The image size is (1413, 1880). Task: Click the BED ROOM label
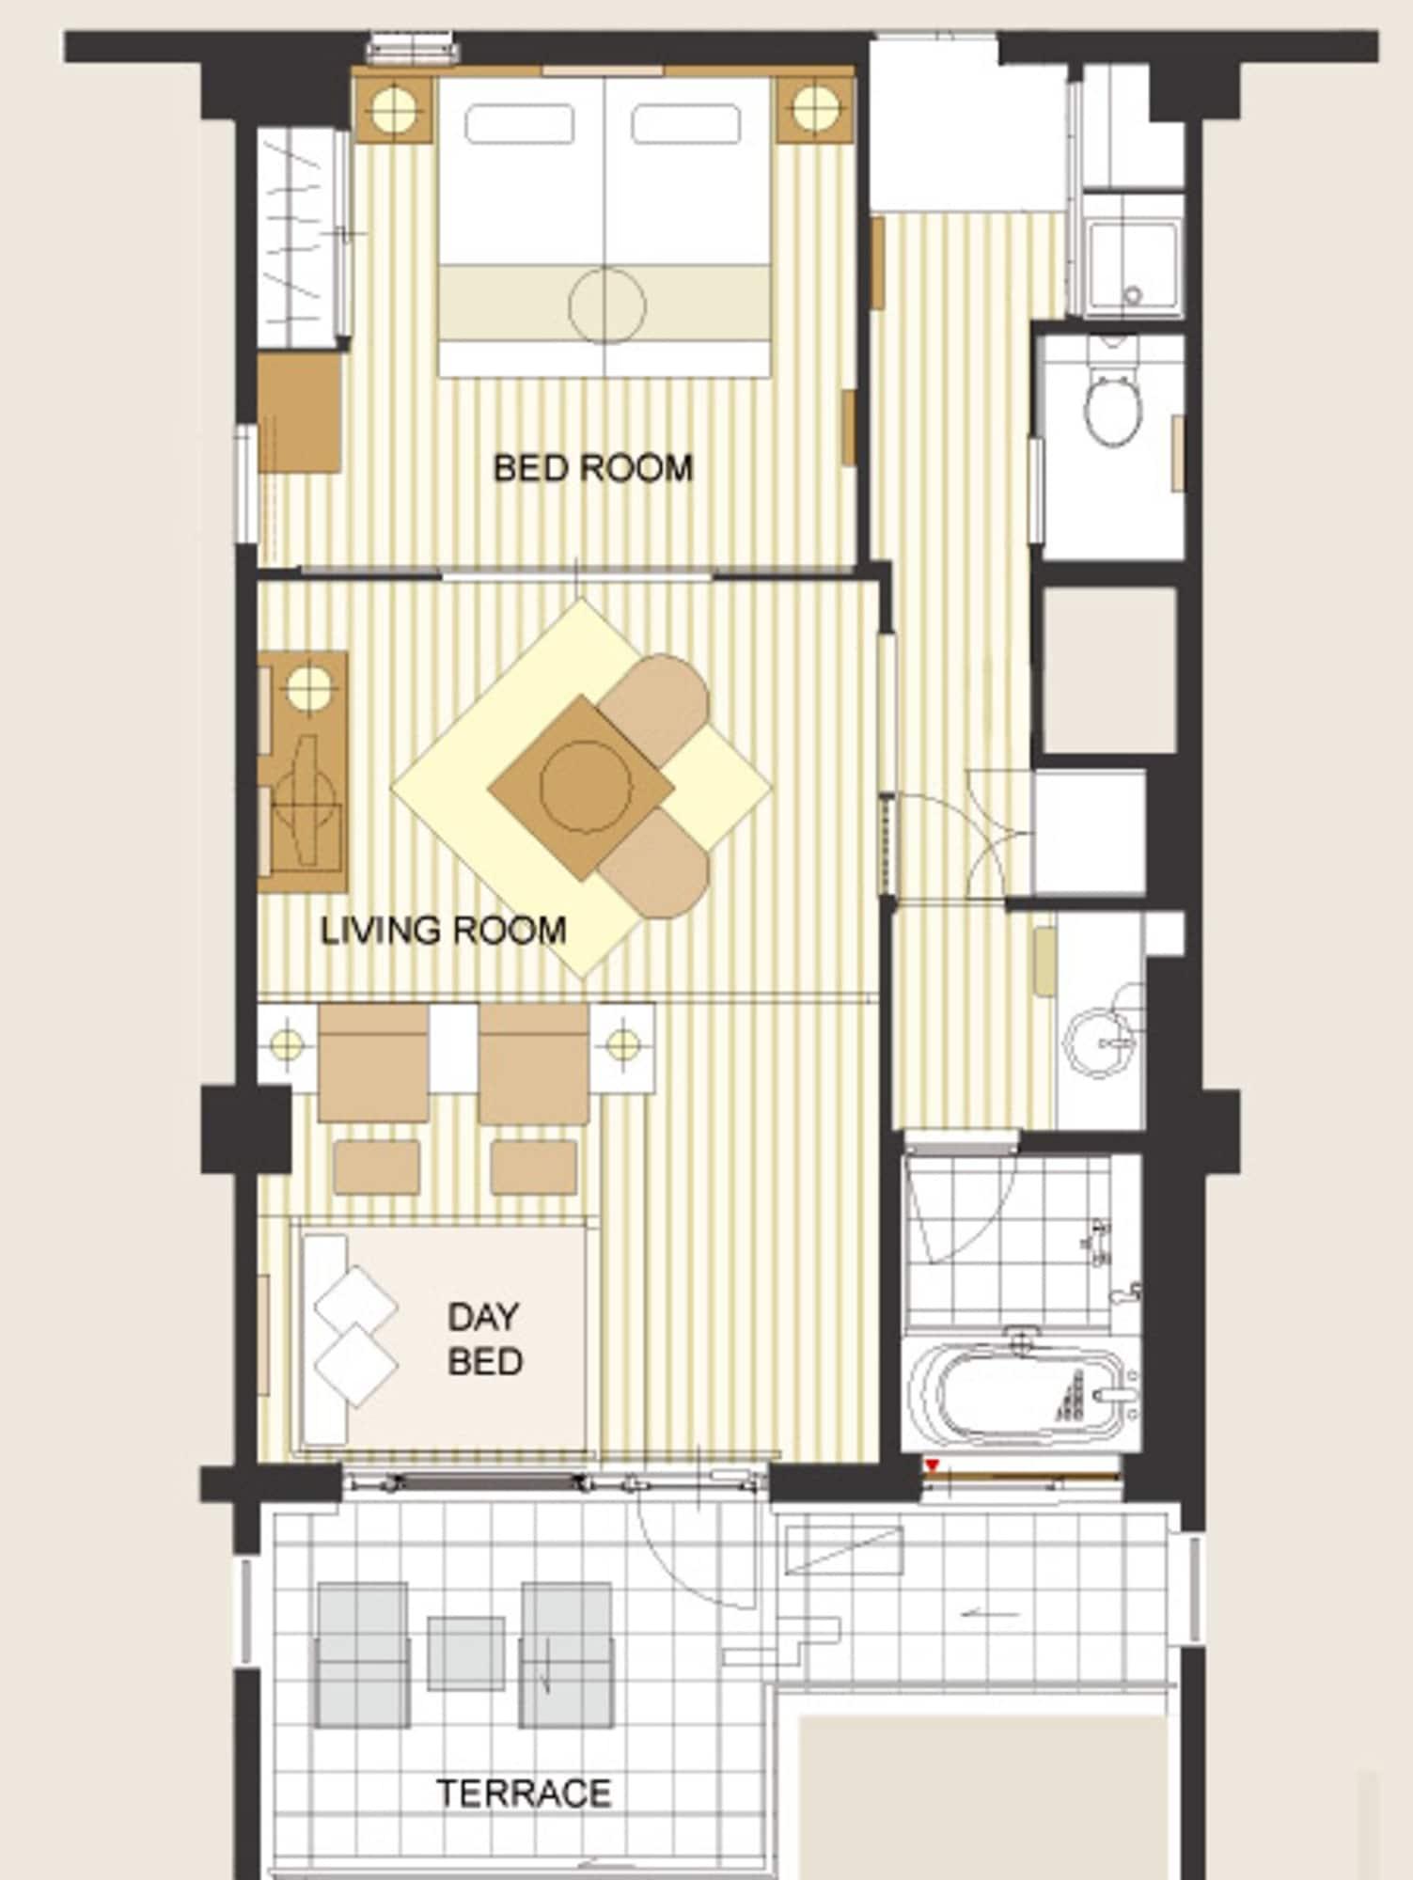tap(592, 468)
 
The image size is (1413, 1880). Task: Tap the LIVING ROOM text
tap(443, 931)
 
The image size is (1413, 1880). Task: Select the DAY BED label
tap(484, 1339)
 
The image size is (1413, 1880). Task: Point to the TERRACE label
tap(524, 1794)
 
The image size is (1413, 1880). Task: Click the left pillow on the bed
tap(519, 124)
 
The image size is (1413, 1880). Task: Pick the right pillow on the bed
tap(685, 124)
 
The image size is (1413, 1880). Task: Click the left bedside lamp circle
tap(393, 109)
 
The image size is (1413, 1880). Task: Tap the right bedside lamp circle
tap(814, 109)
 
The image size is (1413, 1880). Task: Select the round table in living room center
tap(584, 787)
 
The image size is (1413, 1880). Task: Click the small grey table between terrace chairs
tap(465, 1653)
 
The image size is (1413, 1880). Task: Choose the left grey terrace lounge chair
tap(363, 1654)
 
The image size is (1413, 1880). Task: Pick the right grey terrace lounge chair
tap(566, 1654)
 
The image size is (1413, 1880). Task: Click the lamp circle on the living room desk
tap(307, 687)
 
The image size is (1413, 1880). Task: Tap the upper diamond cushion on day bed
tap(355, 1306)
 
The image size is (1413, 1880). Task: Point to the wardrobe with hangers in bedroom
tap(299, 240)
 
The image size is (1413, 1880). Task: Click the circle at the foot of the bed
tap(607, 305)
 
